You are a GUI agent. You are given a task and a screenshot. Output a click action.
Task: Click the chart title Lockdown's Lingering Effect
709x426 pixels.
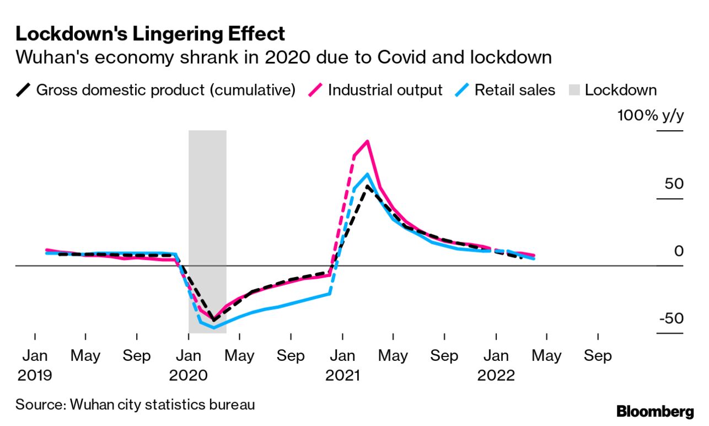coord(150,34)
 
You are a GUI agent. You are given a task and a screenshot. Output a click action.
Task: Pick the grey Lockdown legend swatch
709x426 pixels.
coord(572,90)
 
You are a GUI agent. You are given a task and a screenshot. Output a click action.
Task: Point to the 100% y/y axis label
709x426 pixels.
coord(650,116)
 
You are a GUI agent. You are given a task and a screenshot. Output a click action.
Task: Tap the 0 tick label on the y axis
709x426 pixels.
coord(679,252)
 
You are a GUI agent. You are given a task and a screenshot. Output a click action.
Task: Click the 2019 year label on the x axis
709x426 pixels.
coord(35,376)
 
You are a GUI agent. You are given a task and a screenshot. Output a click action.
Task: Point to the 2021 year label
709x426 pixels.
coord(342,376)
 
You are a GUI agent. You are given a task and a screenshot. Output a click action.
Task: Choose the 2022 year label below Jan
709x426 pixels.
coord(496,376)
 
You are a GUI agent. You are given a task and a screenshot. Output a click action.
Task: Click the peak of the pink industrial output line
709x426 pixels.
coord(367,141)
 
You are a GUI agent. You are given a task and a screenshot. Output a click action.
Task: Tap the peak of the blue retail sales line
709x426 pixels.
coord(367,174)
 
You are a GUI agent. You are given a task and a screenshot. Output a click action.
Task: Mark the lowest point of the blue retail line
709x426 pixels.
coord(214,328)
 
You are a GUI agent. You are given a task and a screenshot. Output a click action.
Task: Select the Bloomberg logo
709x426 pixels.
coord(655,411)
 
